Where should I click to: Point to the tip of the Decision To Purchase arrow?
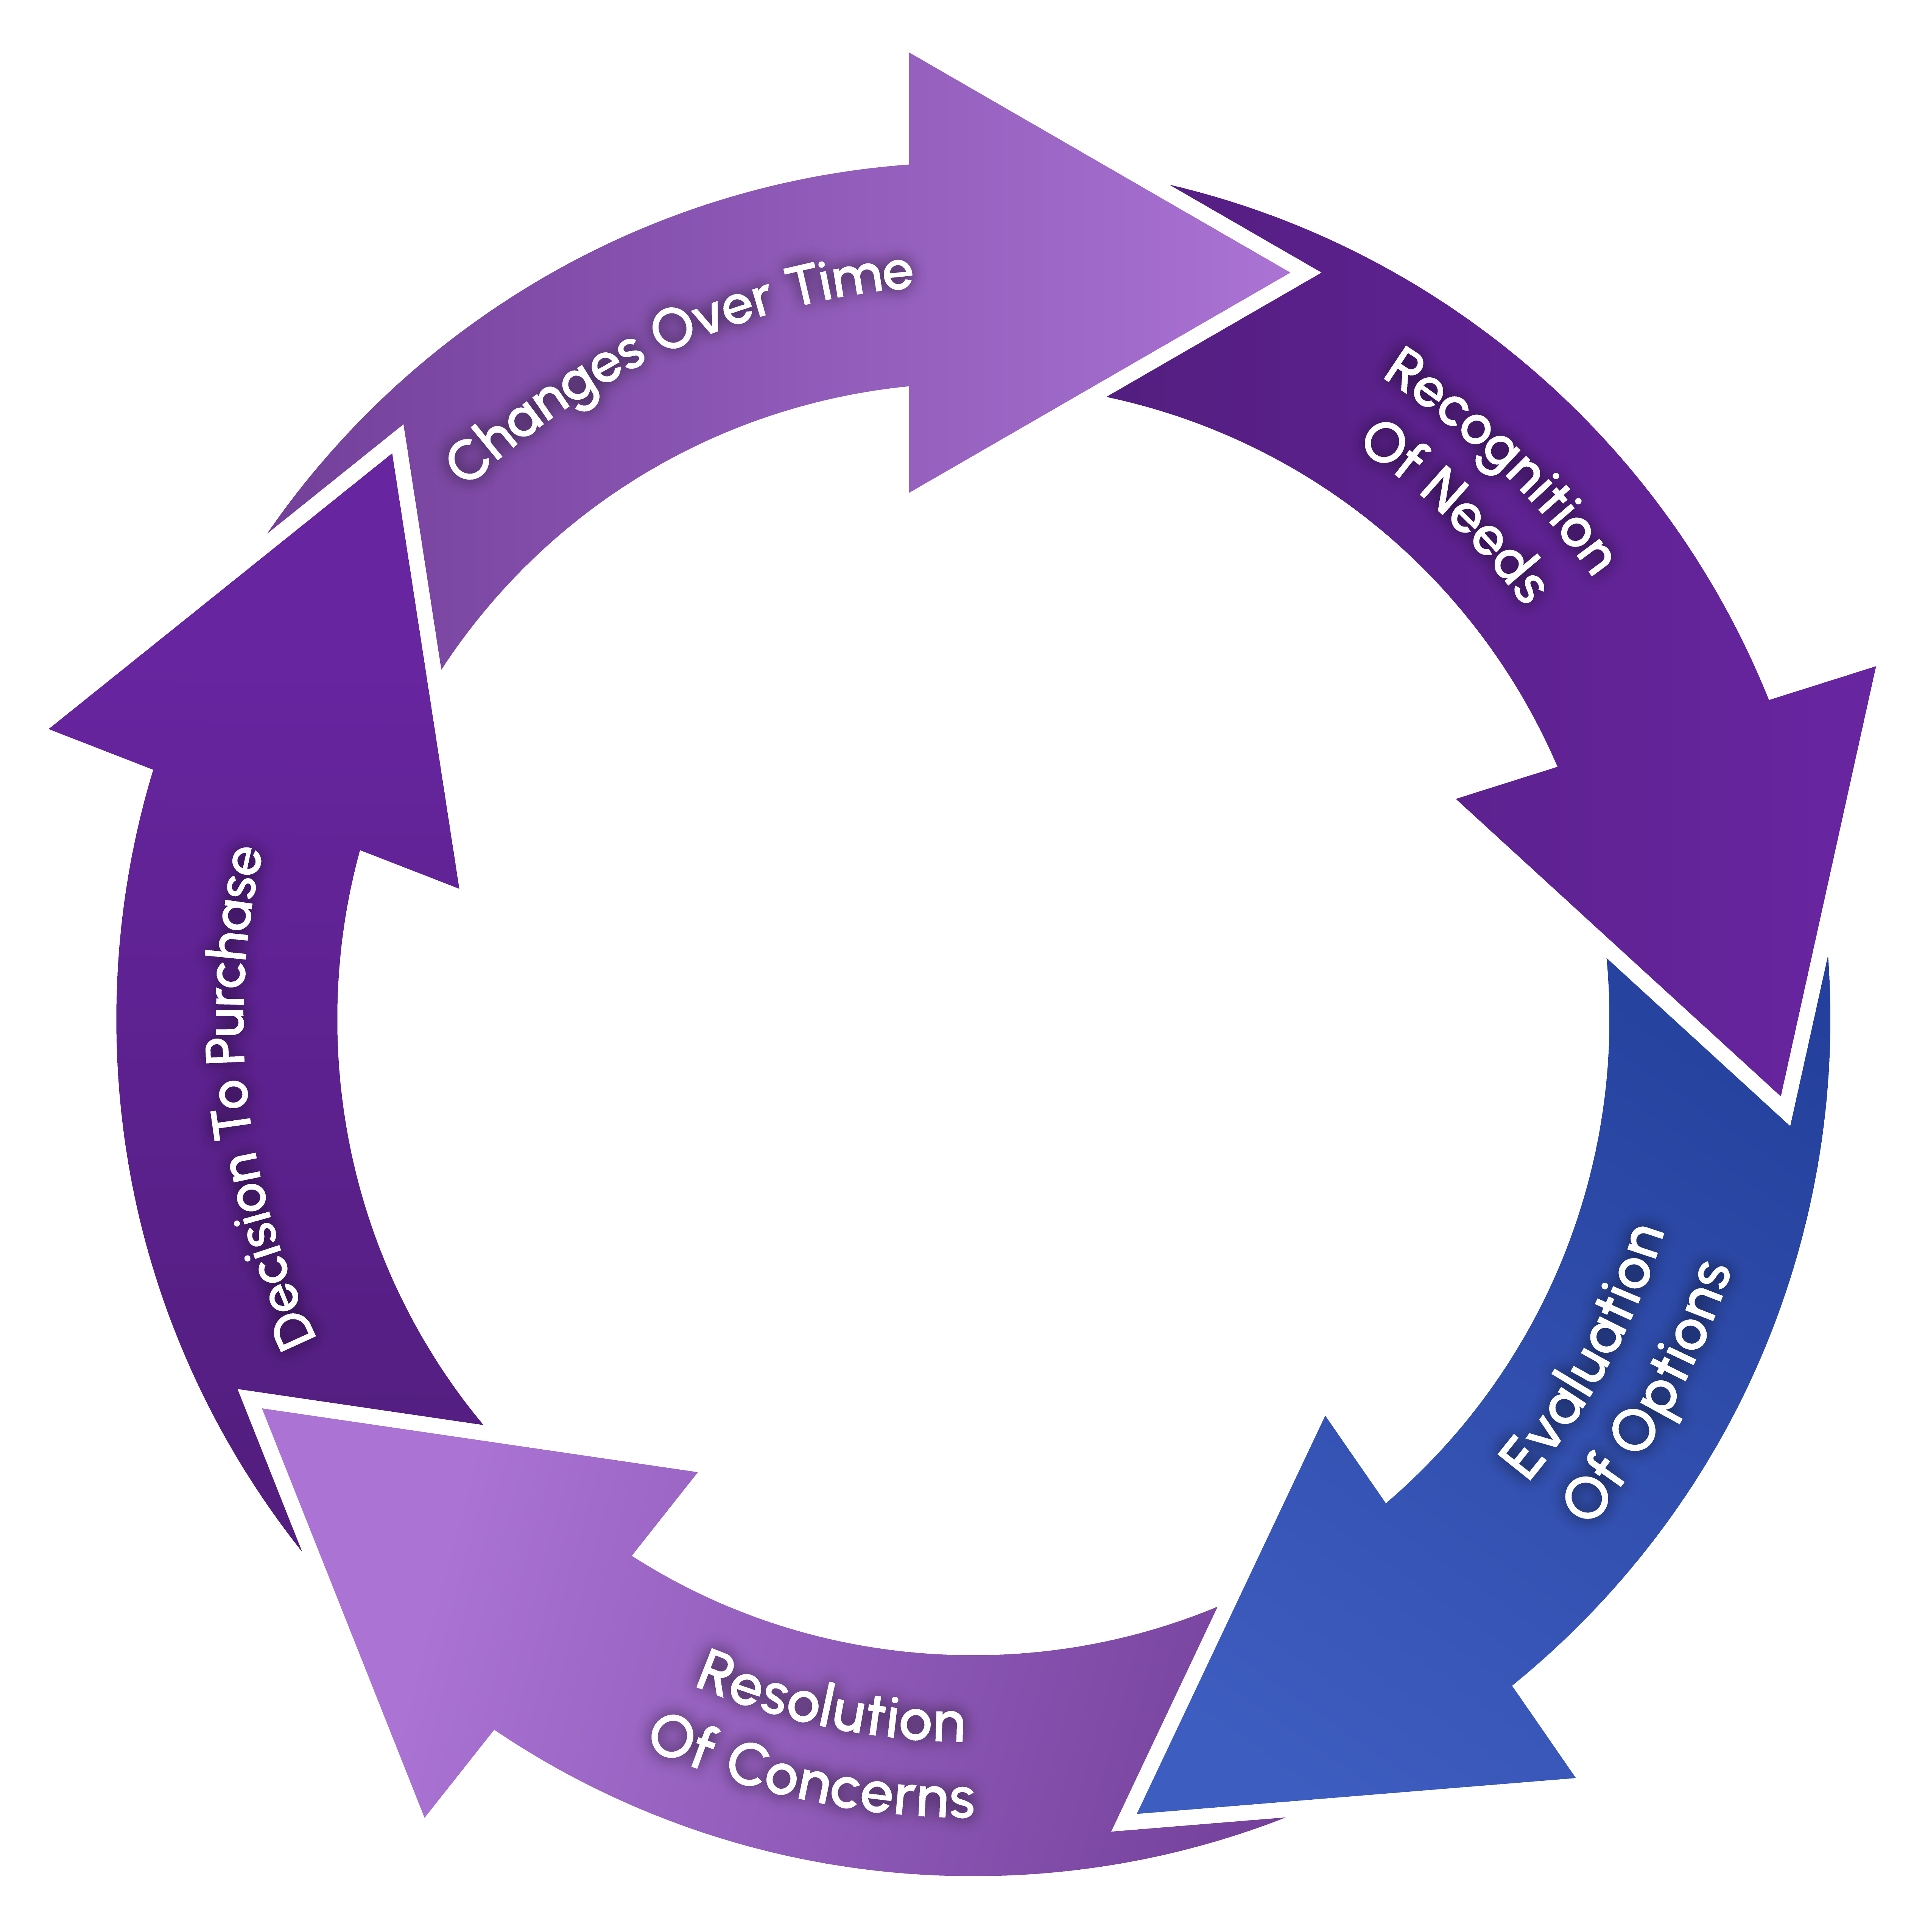(50, 728)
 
